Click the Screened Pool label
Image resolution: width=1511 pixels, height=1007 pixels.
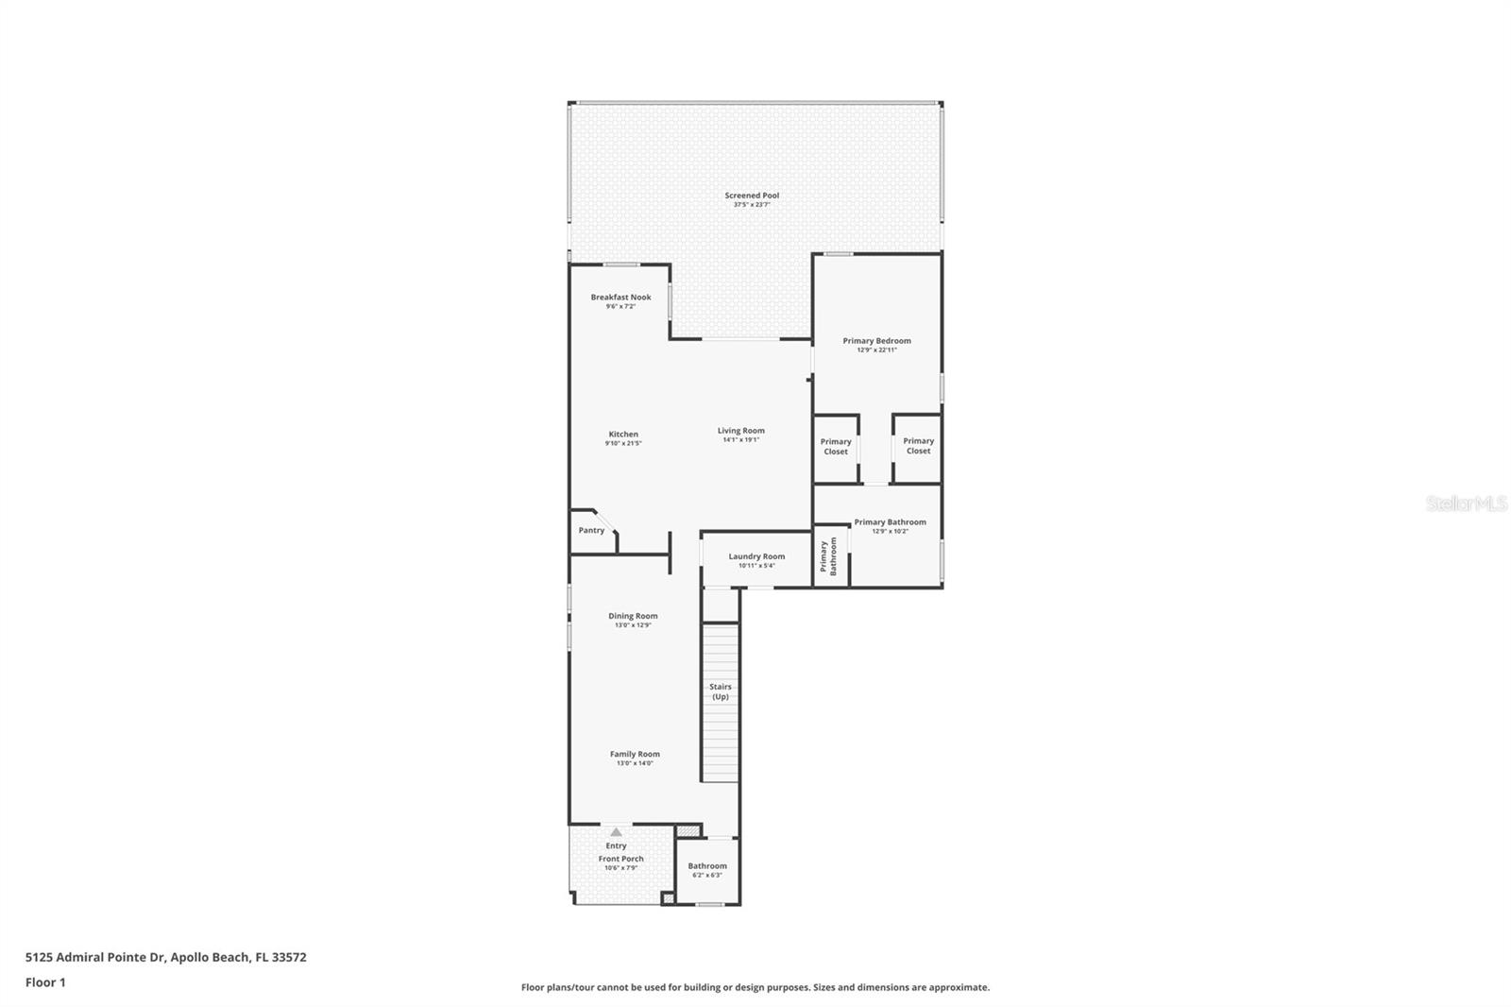[752, 196]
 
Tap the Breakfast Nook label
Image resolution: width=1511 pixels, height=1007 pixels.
[620, 298]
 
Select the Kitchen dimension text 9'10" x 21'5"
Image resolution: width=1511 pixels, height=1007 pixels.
[623, 443]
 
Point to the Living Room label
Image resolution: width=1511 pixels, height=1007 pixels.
[740, 431]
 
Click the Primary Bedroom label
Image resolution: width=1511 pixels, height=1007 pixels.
[876, 341]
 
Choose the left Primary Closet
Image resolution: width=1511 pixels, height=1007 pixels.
[835, 447]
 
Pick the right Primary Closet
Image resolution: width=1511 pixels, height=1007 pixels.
[918, 446]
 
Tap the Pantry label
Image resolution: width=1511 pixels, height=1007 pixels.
[591, 531]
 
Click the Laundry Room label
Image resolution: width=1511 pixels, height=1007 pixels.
[756, 556]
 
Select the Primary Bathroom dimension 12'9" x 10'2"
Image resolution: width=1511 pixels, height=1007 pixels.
[890, 531]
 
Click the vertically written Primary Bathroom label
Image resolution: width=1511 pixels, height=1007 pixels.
[827, 557]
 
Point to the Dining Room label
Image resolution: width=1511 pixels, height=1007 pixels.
[633, 616]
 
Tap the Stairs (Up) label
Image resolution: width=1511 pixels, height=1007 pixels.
[721, 691]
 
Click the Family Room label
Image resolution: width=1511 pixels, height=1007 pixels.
[635, 754]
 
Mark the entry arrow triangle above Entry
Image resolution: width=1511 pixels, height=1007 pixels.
[616, 832]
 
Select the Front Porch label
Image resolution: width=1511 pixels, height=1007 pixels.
[620, 859]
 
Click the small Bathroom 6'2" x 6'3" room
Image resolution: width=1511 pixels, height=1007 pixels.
[707, 869]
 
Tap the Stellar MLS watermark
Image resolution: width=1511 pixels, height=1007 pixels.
[1466, 504]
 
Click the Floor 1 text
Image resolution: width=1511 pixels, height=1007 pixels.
[45, 982]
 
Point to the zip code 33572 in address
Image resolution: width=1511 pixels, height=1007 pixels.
[288, 957]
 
